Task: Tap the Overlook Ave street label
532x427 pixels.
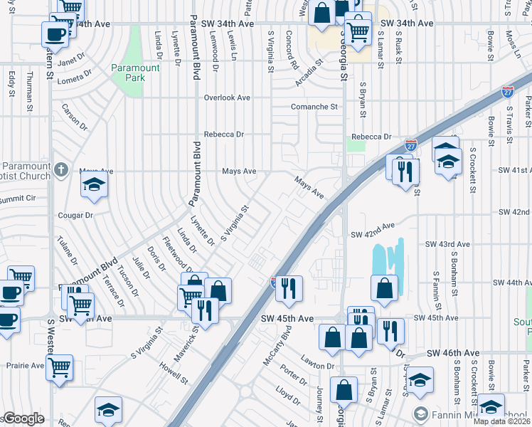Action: point(228,97)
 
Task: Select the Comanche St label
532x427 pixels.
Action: point(314,107)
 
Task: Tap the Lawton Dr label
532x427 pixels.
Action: point(316,366)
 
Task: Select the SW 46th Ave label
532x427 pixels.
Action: point(453,353)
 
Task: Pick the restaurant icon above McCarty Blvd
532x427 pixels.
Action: point(289,288)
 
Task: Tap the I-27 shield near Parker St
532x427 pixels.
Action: point(507,92)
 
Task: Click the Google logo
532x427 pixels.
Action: point(23,418)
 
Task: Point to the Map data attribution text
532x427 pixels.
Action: point(503,421)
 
